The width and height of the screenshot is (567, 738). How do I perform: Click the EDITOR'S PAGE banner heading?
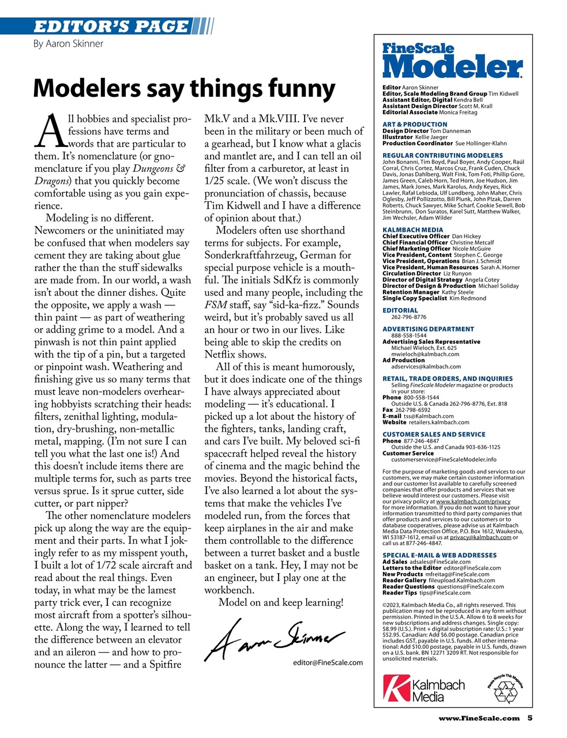[x=111, y=26]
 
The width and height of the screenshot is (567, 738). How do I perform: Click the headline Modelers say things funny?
[x=184, y=88]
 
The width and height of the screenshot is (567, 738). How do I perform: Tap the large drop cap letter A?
[x=50, y=131]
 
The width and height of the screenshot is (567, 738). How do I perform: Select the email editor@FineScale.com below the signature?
[x=328, y=662]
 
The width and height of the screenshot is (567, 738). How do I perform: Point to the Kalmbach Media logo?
[x=424, y=690]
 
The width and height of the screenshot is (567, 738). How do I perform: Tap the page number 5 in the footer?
[x=530, y=718]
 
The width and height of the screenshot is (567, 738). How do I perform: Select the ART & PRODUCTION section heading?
[x=415, y=125]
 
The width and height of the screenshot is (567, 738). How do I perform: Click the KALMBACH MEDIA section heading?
[x=413, y=230]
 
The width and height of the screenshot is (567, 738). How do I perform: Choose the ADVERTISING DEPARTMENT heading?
[x=428, y=329]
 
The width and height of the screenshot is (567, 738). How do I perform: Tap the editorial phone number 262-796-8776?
[x=408, y=317]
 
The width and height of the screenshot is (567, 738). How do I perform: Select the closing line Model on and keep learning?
[x=281, y=603]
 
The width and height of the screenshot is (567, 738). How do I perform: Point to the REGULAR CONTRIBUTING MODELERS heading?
[x=442, y=156]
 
